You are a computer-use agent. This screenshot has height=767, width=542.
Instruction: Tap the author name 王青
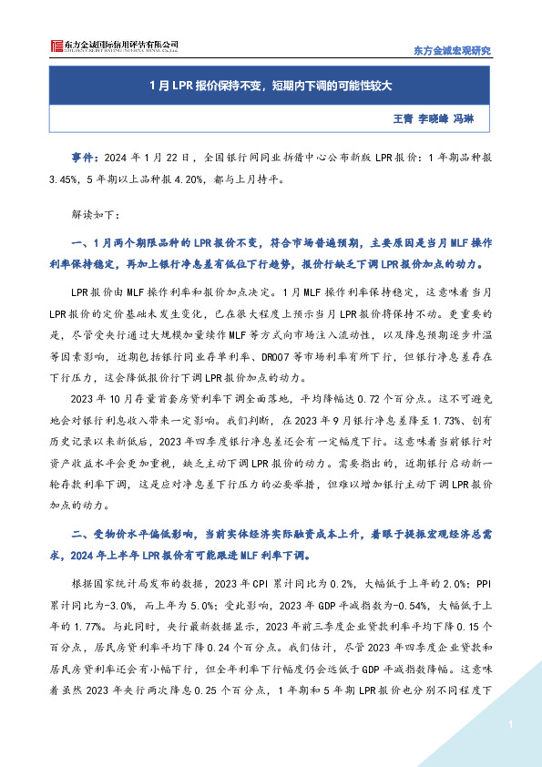tap(402, 118)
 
